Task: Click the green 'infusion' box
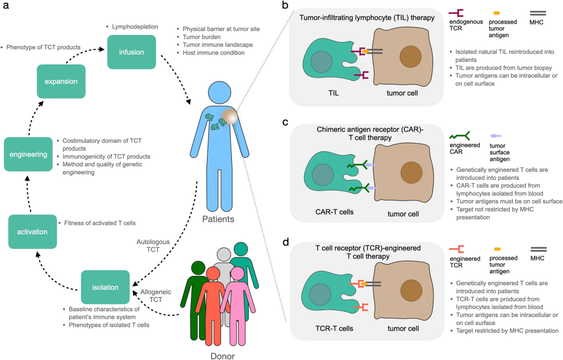pyautogui.click(x=131, y=52)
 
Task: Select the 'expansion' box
pyautogui.click(x=61, y=81)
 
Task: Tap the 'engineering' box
pyautogui.click(x=28, y=153)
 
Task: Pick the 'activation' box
pyautogui.click(x=32, y=231)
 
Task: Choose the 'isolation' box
pyautogui.click(x=105, y=287)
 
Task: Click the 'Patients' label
pyautogui.click(x=219, y=219)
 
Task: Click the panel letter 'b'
pyautogui.click(x=285, y=6)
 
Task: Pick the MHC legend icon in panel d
pyautogui.click(x=539, y=250)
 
